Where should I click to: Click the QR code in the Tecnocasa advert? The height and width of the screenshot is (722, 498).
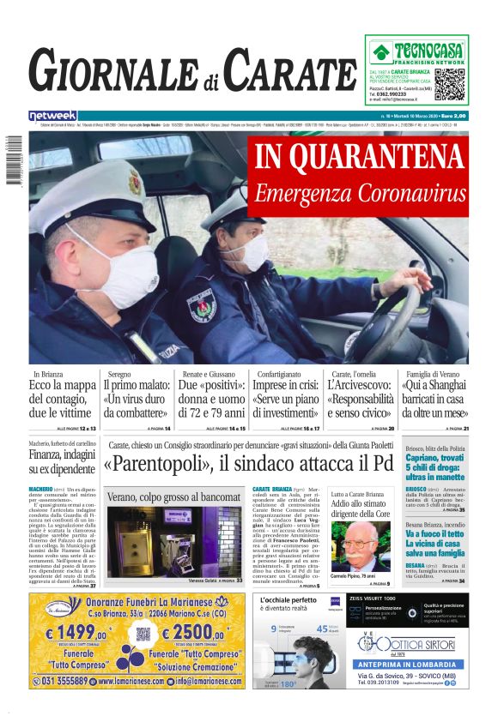(x=449, y=84)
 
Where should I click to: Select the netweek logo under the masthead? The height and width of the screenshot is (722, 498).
(x=53, y=115)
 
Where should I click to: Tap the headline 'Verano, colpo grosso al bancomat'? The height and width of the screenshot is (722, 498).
(x=173, y=496)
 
